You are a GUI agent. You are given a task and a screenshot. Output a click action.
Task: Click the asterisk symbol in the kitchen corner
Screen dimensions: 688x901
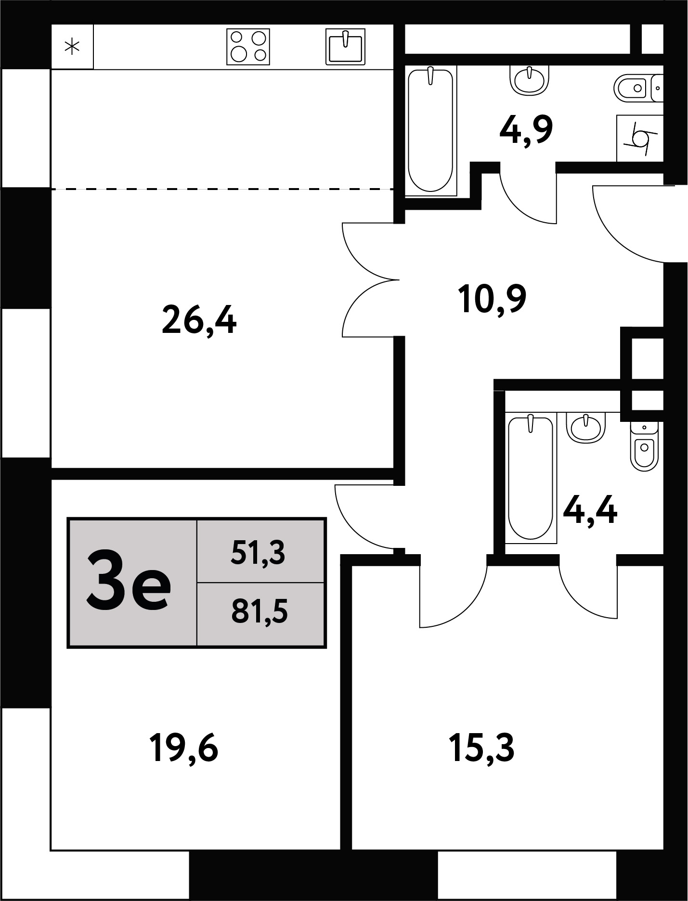coord(72,47)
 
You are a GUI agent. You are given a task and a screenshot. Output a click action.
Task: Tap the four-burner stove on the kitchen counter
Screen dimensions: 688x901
coord(248,47)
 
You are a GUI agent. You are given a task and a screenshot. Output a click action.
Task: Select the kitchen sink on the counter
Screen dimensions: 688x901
coord(345,46)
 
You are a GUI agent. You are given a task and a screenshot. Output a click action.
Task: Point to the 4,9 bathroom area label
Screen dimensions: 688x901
coord(526,130)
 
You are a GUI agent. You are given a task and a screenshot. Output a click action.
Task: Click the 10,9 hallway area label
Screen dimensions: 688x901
coord(493,299)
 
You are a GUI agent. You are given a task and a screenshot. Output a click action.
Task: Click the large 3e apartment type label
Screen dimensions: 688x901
coord(128,583)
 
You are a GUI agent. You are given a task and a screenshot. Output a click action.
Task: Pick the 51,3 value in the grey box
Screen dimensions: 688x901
coord(258,553)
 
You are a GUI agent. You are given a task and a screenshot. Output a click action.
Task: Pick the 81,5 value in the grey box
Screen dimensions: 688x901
coord(260,612)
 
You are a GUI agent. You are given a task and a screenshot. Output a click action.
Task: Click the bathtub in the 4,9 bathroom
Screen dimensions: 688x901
coord(431,131)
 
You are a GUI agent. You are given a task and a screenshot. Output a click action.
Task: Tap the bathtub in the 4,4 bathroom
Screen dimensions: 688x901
coord(531,478)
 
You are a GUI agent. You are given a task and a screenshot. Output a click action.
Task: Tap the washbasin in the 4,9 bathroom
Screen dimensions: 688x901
coord(530,80)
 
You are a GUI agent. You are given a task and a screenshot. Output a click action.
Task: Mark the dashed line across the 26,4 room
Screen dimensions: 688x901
coord(222,189)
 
